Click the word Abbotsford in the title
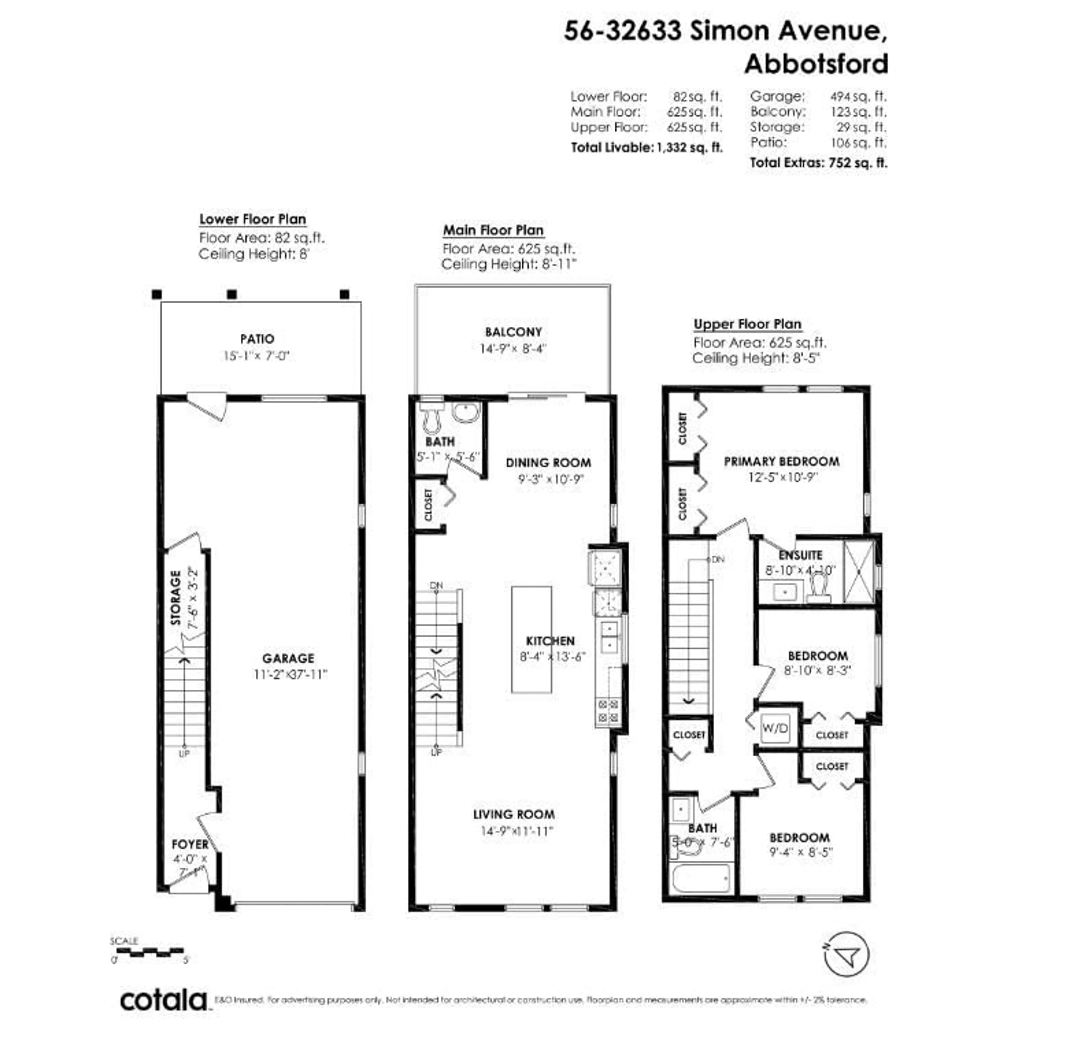816,64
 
